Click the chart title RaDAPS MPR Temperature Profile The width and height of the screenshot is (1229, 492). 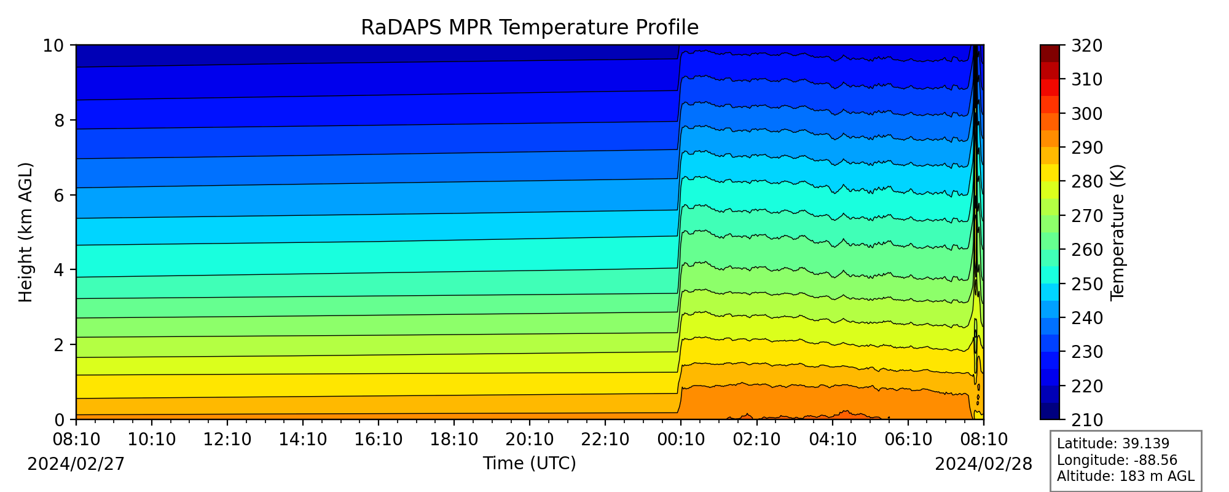[530, 28]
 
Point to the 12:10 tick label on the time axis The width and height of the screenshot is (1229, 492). [227, 439]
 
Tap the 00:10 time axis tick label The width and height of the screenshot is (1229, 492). [681, 439]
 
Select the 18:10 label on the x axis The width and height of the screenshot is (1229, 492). [454, 439]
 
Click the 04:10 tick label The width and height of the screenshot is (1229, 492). [833, 439]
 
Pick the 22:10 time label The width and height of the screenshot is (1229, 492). [605, 439]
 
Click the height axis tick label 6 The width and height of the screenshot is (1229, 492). [60, 195]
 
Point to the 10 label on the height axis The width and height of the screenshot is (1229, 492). [54, 46]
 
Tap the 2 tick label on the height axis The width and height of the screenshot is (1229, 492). [60, 345]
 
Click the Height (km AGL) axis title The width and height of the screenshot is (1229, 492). [25, 232]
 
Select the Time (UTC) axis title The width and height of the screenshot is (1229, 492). [530, 463]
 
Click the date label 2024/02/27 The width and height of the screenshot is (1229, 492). [76, 464]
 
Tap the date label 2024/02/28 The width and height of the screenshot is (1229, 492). [984, 464]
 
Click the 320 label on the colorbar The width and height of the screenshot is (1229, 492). [1086, 46]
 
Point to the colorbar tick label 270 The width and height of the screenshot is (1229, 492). [1086, 216]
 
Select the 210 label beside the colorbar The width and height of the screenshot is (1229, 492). [1086, 420]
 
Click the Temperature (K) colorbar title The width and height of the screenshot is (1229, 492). [1117, 232]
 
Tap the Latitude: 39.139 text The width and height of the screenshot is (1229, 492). [1113, 444]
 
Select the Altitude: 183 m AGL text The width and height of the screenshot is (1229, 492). [1126, 476]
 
